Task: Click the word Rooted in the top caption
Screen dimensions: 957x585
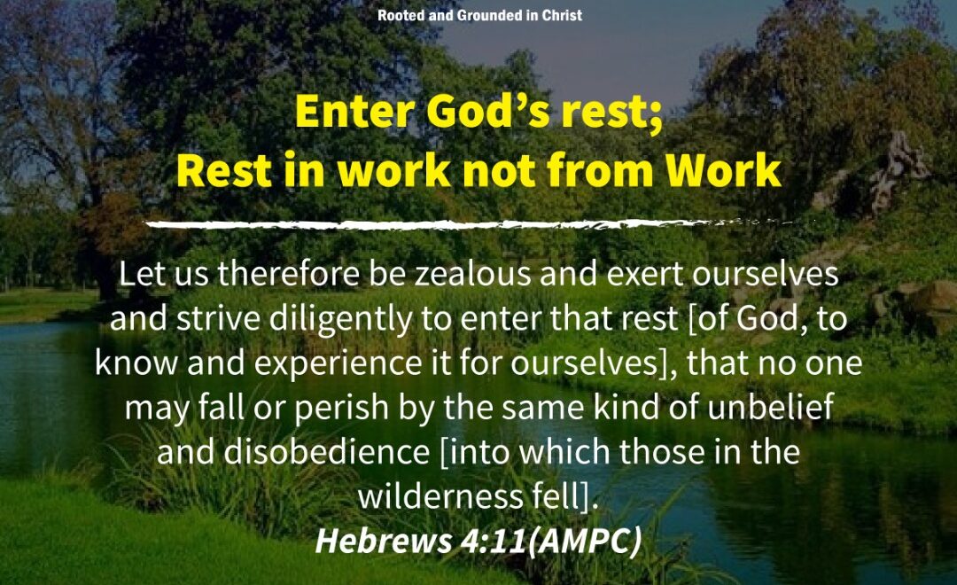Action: click(401, 15)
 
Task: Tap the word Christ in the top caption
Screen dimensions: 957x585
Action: click(562, 15)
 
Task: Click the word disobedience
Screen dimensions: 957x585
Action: click(326, 452)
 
